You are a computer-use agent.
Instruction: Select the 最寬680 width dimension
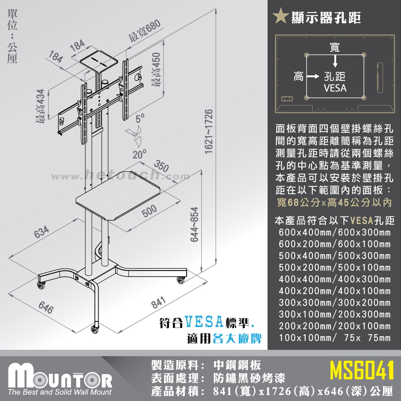(144, 30)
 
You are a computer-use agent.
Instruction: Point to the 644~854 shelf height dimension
(195, 225)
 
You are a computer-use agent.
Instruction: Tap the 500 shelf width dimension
(150, 211)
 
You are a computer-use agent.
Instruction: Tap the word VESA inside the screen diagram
(335, 88)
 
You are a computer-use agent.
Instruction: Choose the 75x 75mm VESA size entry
(367, 338)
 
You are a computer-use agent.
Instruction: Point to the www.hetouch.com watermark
(121, 176)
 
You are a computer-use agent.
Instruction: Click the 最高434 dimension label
(40, 106)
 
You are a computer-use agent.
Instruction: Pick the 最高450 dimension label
(156, 70)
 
